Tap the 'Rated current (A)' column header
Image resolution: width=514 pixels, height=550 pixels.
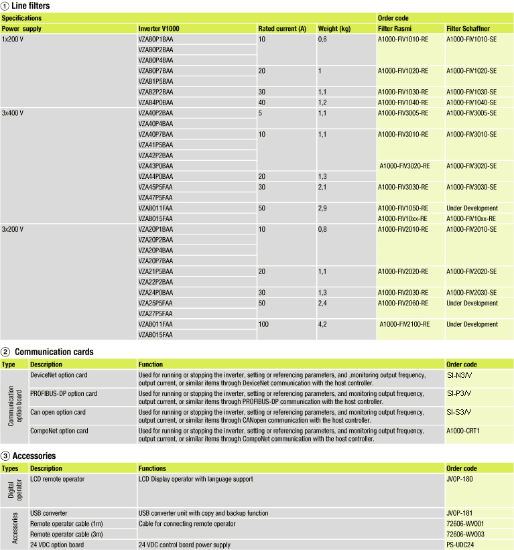tap(282, 29)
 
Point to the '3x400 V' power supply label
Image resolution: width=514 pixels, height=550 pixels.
tap(13, 113)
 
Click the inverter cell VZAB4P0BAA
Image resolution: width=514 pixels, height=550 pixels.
tap(155, 102)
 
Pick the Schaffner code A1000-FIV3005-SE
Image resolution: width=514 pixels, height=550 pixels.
tap(471, 113)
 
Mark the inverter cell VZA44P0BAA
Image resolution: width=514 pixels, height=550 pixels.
tap(155, 176)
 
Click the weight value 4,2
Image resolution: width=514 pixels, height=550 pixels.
tap(322, 324)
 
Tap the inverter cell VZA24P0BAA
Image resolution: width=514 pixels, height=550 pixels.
tap(155, 293)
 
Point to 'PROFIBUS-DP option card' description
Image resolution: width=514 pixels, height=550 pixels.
tap(64, 393)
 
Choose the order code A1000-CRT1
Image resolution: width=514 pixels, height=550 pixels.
tap(463, 431)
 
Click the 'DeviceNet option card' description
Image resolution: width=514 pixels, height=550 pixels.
tap(59, 374)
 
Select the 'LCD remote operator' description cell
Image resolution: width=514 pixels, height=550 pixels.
tap(58, 479)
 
